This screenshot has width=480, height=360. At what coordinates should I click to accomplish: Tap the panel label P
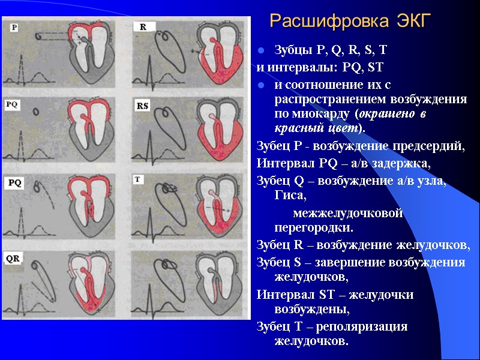[x=14, y=28]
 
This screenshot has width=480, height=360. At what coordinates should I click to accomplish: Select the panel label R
[x=143, y=28]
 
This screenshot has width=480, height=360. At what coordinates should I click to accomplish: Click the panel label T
[x=139, y=179]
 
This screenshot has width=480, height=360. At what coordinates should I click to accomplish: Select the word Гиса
[x=289, y=196]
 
